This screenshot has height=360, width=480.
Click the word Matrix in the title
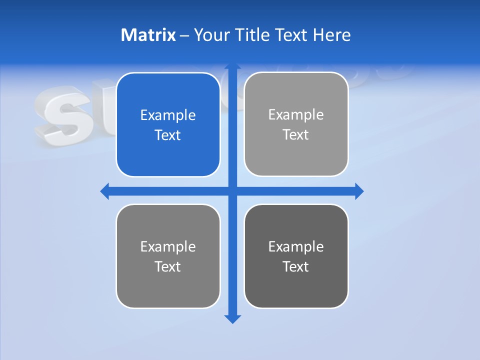point(148,35)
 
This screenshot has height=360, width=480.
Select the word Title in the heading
point(252,35)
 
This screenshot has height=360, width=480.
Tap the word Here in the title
point(331,35)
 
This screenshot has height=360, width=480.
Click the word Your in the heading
point(212,35)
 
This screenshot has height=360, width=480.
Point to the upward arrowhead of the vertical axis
point(232,66)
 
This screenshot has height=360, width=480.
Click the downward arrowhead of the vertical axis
point(232,318)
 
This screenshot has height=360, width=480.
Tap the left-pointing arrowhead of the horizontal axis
point(105,191)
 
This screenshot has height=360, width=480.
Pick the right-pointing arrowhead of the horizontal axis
point(359,191)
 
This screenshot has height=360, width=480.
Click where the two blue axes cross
point(232,191)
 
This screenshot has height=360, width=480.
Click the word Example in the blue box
point(168,115)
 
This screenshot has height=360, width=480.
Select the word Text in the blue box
point(168,135)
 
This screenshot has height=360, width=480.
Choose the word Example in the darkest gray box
point(296,246)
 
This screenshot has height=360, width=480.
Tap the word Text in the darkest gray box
point(296,266)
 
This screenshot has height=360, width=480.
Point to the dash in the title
point(184,35)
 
